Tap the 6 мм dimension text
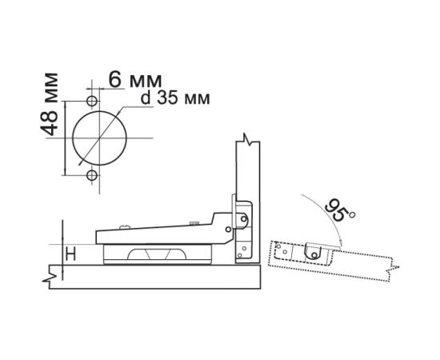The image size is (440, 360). (x=134, y=80)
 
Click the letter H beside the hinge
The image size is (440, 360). (x=70, y=255)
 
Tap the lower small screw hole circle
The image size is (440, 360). (x=91, y=174)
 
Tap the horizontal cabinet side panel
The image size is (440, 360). (x=160, y=277)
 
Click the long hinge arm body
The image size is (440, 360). (x=160, y=236)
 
